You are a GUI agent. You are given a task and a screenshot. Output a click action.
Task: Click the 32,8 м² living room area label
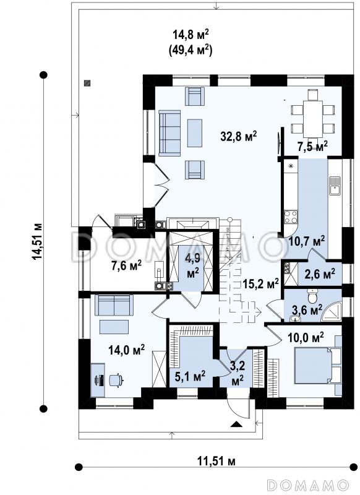point(239,136)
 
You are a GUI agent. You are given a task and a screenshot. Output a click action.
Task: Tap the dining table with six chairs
point(312,114)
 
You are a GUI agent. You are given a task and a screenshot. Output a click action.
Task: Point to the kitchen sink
point(335,186)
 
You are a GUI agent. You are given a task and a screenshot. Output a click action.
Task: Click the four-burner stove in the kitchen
point(291,217)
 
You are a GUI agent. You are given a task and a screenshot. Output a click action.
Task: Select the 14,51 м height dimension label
point(38,242)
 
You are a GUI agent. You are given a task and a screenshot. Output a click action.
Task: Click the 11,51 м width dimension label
point(216,461)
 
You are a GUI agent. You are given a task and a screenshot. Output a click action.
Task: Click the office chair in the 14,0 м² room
point(116,379)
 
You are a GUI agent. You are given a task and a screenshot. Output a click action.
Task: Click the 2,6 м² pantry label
point(319,273)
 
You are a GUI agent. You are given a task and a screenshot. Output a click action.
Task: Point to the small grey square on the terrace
point(87,83)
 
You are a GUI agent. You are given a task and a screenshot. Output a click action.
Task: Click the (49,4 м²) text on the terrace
point(191,51)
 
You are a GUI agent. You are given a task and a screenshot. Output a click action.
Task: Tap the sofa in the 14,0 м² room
point(114,305)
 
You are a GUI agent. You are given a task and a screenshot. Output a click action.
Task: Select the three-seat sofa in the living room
point(169,133)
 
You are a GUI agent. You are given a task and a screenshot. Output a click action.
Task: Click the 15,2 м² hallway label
point(261,283)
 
